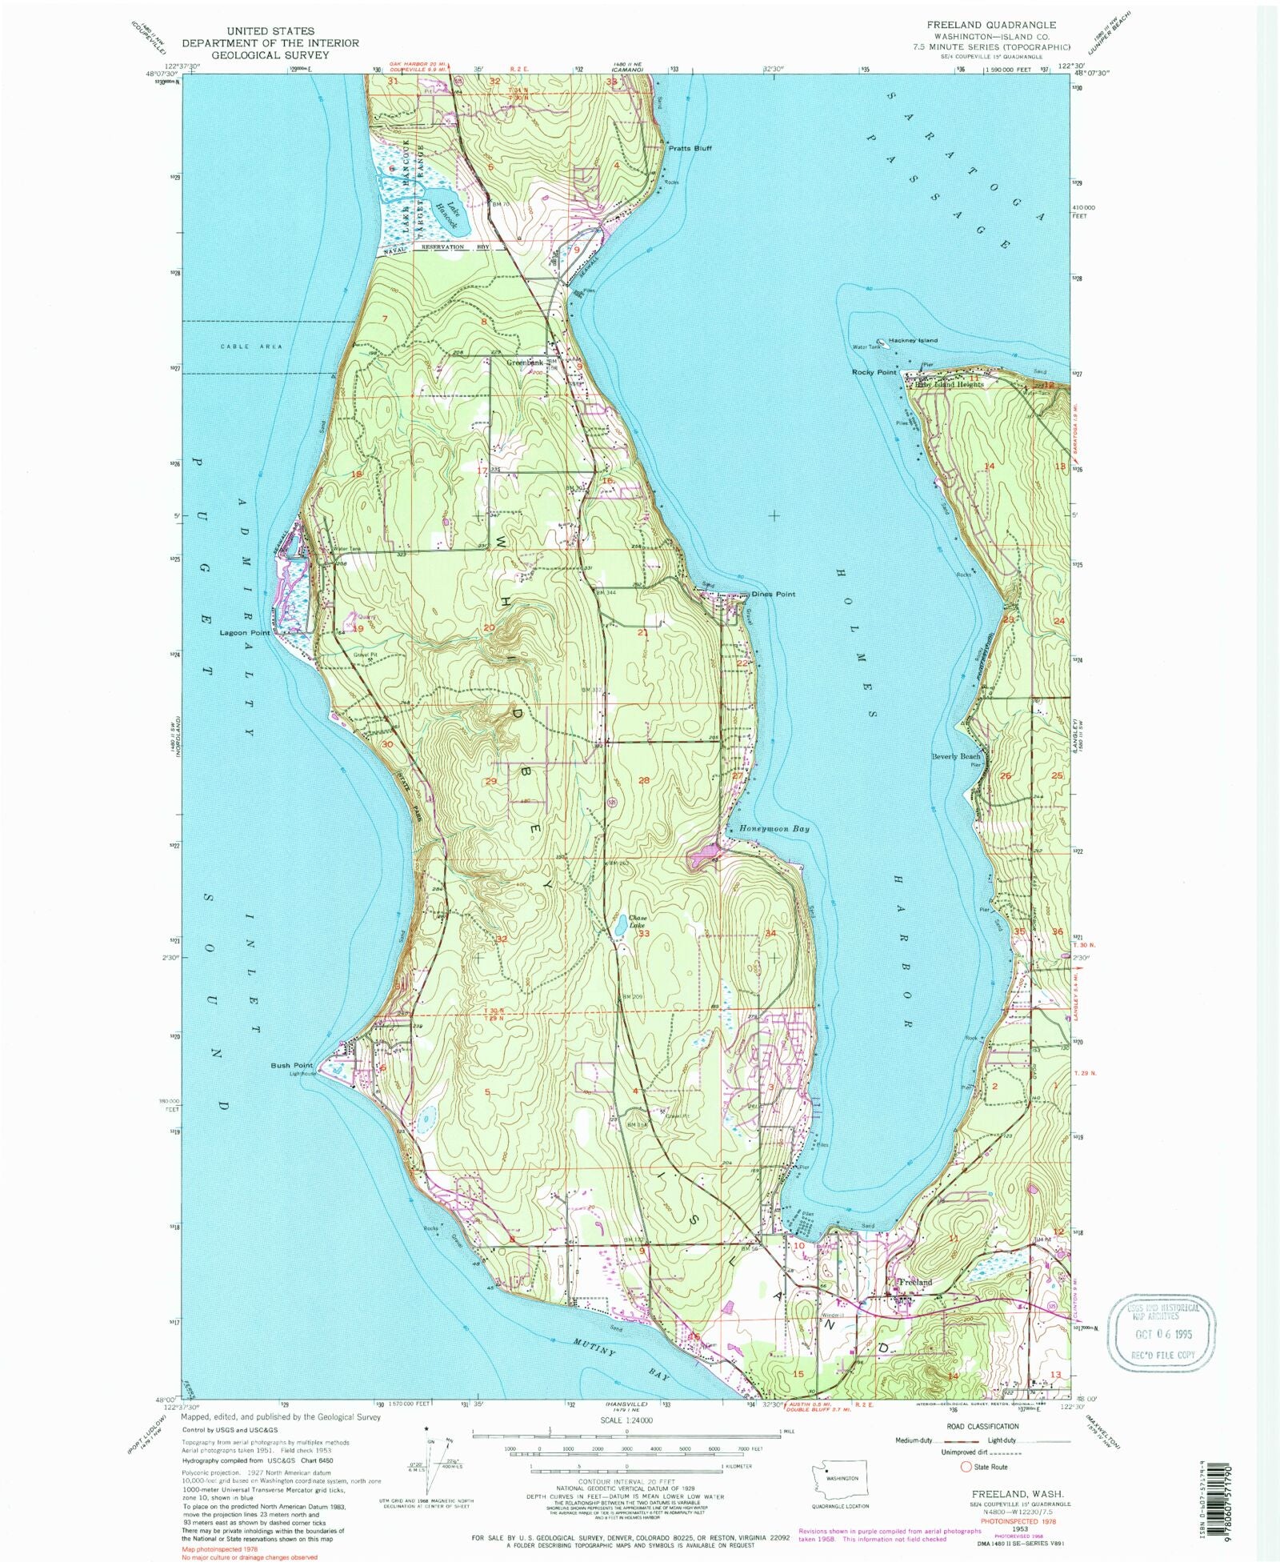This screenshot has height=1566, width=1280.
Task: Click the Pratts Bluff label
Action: click(690, 148)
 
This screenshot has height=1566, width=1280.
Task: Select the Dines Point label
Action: click(774, 594)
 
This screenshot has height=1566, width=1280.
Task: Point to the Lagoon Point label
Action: click(245, 632)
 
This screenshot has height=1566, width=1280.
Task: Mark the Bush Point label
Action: click(291, 1066)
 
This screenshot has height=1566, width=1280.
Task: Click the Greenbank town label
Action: click(525, 362)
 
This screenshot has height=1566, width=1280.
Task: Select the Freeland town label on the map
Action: click(915, 1281)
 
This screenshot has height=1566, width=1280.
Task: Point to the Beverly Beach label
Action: click(955, 756)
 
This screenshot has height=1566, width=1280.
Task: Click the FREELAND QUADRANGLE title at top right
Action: click(990, 25)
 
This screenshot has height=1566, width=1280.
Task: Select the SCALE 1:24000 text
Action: click(631, 1420)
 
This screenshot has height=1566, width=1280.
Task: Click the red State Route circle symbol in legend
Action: click(966, 1467)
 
